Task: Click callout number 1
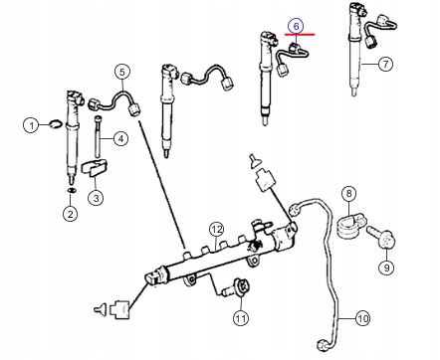(32, 125)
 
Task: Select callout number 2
(71, 214)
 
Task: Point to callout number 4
(120, 138)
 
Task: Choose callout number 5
(121, 72)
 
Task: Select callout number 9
(386, 268)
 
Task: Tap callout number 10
(362, 318)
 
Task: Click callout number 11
(240, 318)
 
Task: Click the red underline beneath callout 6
(300, 34)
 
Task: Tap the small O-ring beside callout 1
(54, 124)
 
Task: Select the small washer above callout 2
(71, 188)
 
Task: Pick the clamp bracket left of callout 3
(93, 168)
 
